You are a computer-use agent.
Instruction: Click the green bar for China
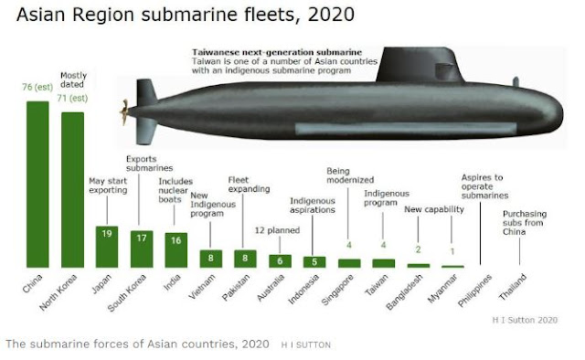[37, 183]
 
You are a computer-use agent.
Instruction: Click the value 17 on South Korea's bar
[142, 237]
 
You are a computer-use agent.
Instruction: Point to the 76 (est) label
[37, 89]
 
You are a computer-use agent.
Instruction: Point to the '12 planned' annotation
[273, 230]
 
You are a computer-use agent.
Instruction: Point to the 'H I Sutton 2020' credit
[537, 321]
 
